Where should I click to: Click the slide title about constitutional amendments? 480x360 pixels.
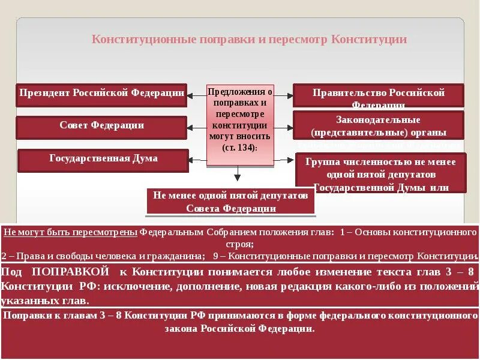[249, 40]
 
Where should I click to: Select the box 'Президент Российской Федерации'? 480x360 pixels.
[101, 94]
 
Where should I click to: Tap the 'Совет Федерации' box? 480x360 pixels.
[101, 127]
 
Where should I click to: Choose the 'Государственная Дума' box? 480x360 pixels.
[103, 159]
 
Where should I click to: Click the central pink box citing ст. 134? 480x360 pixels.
[240, 125]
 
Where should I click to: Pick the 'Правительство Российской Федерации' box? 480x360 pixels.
[378, 95]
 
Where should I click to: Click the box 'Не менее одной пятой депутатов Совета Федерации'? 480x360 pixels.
[230, 202]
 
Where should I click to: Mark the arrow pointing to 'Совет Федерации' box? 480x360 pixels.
[196, 127]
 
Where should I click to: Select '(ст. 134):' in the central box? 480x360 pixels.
[239, 147]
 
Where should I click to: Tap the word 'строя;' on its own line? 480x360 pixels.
[240, 244]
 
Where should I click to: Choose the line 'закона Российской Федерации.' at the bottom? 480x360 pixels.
[240, 329]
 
